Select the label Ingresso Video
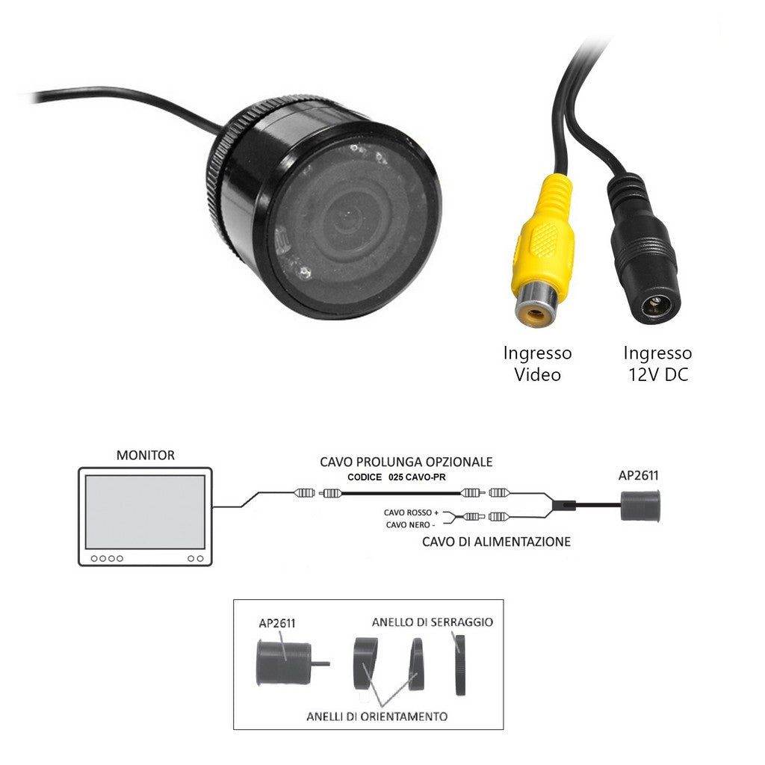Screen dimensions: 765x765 537,363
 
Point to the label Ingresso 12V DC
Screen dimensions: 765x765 657,363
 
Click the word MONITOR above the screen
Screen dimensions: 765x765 146,455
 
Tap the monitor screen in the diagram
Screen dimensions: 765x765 145,512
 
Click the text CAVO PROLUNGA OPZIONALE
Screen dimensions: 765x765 406,462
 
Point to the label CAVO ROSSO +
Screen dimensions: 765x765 411,512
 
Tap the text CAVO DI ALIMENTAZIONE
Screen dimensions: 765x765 496,541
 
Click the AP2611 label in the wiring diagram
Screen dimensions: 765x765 639,475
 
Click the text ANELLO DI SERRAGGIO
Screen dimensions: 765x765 433,622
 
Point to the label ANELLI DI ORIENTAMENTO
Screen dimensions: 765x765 377,716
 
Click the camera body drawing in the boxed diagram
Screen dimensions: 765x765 284,663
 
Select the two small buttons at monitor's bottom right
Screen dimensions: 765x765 196,558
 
